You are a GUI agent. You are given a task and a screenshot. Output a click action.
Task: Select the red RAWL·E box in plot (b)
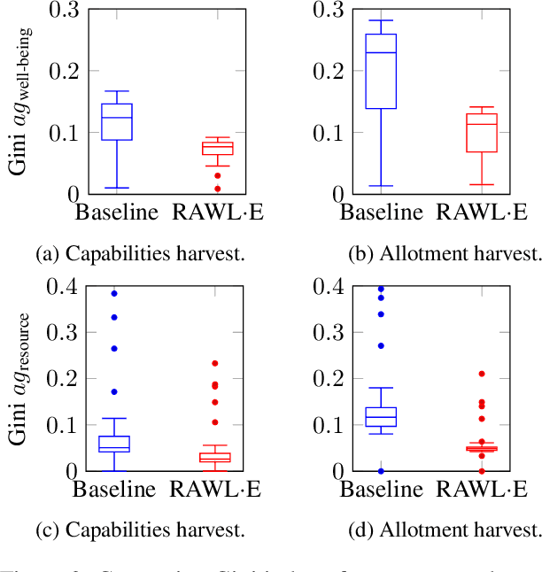pyautogui.click(x=483, y=132)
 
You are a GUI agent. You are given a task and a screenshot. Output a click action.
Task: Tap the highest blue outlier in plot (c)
pyautogui.click(x=114, y=293)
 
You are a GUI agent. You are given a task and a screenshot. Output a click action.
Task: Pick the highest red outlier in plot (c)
pyautogui.click(x=214, y=363)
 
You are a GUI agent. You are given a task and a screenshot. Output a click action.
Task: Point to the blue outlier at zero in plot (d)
pyautogui.click(x=382, y=471)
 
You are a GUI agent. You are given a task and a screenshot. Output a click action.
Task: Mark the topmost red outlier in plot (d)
pyautogui.click(x=483, y=374)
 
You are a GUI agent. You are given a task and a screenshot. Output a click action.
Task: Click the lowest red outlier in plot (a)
pyautogui.click(x=217, y=189)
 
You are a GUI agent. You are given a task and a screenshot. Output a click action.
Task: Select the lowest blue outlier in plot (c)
pyautogui.click(x=114, y=391)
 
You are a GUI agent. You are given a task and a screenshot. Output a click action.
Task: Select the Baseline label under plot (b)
pyautogui.click(x=382, y=213)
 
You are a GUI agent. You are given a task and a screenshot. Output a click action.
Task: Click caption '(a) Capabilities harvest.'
pyautogui.click(x=141, y=254)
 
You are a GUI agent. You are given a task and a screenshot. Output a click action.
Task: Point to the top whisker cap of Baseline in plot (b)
pyautogui.click(x=382, y=20)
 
